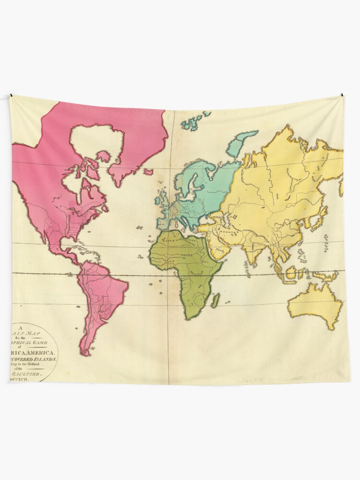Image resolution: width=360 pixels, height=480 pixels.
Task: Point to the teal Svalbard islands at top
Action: pyautogui.click(x=194, y=121)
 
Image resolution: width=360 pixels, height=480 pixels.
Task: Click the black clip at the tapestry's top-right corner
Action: pyautogui.click(x=342, y=95)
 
